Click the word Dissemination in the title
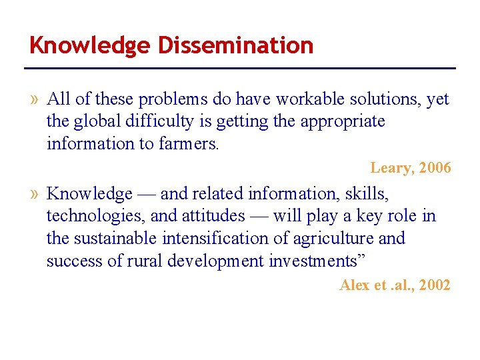click(235, 45)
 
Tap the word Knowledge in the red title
click(91, 45)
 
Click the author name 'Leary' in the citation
click(390, 168)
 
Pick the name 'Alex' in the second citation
click(353, 285)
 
